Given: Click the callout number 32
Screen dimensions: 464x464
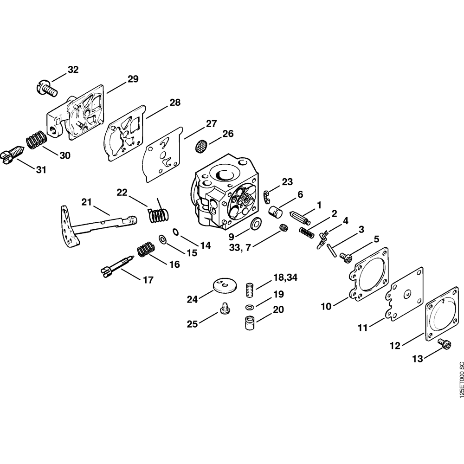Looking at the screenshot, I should click(x=73, y=70).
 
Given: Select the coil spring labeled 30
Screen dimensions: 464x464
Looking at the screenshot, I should click(x=36, y=140).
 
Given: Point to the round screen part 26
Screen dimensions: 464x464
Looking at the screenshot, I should click(x=200, y=147).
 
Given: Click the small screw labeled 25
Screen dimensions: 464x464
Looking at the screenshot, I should click(x=225, y=309).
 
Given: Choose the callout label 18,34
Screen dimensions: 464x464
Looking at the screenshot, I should click(x=285, y=278).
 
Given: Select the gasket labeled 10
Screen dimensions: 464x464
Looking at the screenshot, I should click(x=369, y=274).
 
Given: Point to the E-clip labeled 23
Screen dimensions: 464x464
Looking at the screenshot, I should click(x=268, y=197).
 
